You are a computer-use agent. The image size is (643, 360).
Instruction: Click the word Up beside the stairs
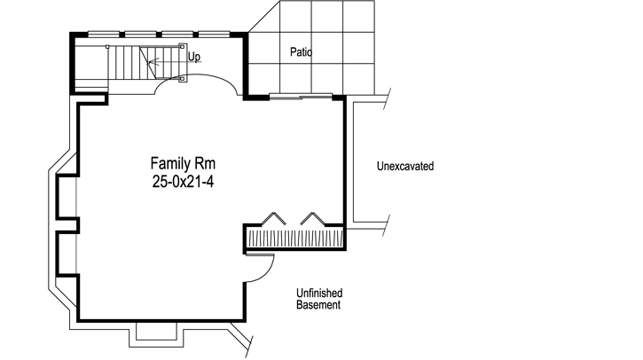coord(194,58)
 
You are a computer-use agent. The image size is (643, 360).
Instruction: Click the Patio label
coord(302,52)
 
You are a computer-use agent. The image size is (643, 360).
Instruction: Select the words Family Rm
coord(184,164)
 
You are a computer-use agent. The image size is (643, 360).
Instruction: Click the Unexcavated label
coord(404,166)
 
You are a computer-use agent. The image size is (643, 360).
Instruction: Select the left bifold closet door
coord(276,218)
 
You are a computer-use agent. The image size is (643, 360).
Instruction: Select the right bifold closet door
coord(313,218)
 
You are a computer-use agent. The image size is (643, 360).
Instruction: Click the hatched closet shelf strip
coord(294,239)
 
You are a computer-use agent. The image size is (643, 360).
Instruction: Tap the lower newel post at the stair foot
coord(183,78)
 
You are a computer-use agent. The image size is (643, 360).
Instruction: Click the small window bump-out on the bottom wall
coord(157,332)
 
